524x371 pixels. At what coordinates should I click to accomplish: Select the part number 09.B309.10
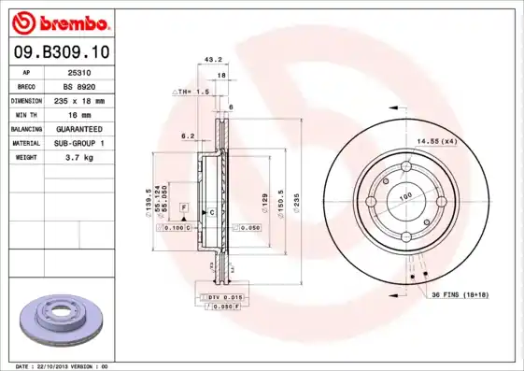[60, 51]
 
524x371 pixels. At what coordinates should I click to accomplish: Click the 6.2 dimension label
[186, 136]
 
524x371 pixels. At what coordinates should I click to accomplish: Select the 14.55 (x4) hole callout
[436, 140]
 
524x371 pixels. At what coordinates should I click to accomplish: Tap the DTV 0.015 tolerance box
[219, 296]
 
